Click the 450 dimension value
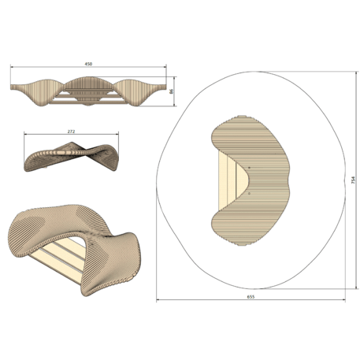coord(89,64)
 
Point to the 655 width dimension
coord(251,296)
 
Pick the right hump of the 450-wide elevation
coord(138,86)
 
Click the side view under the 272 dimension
coord(71,154)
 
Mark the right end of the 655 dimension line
coord(346,300)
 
